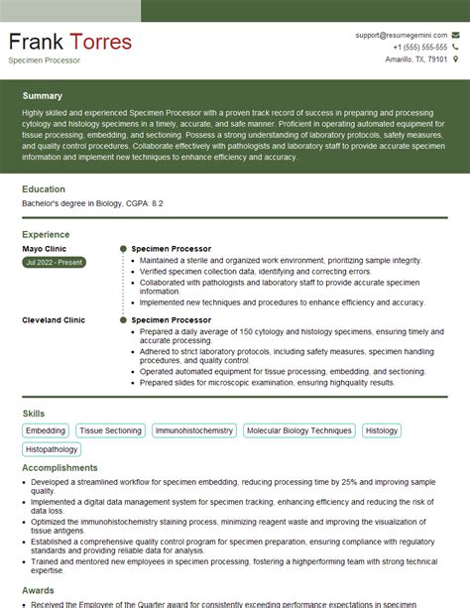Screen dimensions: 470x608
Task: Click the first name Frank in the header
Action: tap(38, 44)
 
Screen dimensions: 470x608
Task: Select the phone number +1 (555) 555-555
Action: tap(419, 47)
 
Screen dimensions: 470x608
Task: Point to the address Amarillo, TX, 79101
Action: tap(416, 60)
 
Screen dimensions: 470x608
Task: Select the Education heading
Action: tap(44, 188)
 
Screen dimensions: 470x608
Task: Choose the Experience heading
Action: tap(46, 234)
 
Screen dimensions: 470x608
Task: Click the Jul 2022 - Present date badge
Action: tap(54, 262)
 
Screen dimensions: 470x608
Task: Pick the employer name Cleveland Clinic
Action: tap(54, 320)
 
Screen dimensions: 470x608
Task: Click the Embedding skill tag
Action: tap(46, 430)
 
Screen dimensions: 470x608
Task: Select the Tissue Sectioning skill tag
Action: tap(111, 430)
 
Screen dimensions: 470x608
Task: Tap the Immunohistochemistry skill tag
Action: tap(194, 430)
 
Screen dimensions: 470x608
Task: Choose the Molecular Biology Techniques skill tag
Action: tap(298, 430)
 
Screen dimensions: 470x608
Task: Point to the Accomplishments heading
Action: tap(59, 467)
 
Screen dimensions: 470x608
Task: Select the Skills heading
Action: tap(34, 412)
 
